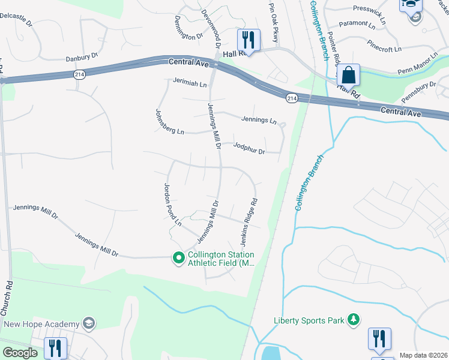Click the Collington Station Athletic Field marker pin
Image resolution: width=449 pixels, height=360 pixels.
178,258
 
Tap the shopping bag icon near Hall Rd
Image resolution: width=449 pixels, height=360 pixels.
348,76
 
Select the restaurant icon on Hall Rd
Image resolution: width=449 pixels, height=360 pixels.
249,40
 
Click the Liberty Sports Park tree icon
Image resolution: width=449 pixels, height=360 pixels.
354,320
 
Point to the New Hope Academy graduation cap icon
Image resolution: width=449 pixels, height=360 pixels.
89,324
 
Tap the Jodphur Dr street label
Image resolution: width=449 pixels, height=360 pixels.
249,148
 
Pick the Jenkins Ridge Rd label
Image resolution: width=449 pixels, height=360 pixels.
249,223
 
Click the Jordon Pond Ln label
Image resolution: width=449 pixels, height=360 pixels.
173,204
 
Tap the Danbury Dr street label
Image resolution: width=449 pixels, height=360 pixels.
82,58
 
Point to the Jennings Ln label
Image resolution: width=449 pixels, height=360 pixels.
259,120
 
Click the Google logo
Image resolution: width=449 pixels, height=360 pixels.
20,353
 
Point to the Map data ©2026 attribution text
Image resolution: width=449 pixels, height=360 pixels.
423,355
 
